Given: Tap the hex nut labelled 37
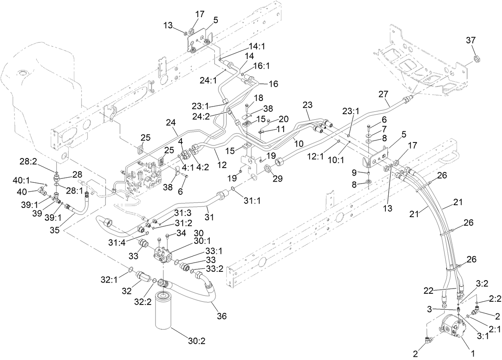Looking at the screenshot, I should (475, 59).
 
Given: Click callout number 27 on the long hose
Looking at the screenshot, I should (383, 94).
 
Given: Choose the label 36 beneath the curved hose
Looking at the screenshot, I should (221, 316).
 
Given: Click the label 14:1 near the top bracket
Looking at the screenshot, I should (257, 46).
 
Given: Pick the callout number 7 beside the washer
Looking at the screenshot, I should (383, 129).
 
